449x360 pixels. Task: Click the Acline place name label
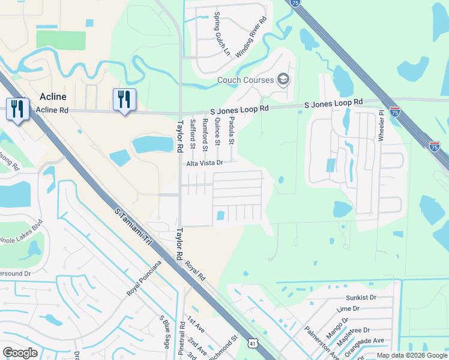coord(53,97)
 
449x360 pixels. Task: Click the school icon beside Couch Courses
coord(283,79)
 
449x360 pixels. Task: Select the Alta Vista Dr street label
coord(204,163)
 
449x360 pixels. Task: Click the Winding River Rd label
coord(252,38)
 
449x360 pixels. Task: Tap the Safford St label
coord(192,133)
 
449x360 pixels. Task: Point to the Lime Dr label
coord(348,308)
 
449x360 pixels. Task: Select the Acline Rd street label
coord(52,110)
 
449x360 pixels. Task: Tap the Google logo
coord(20,353)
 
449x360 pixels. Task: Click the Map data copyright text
coord(411,355)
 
